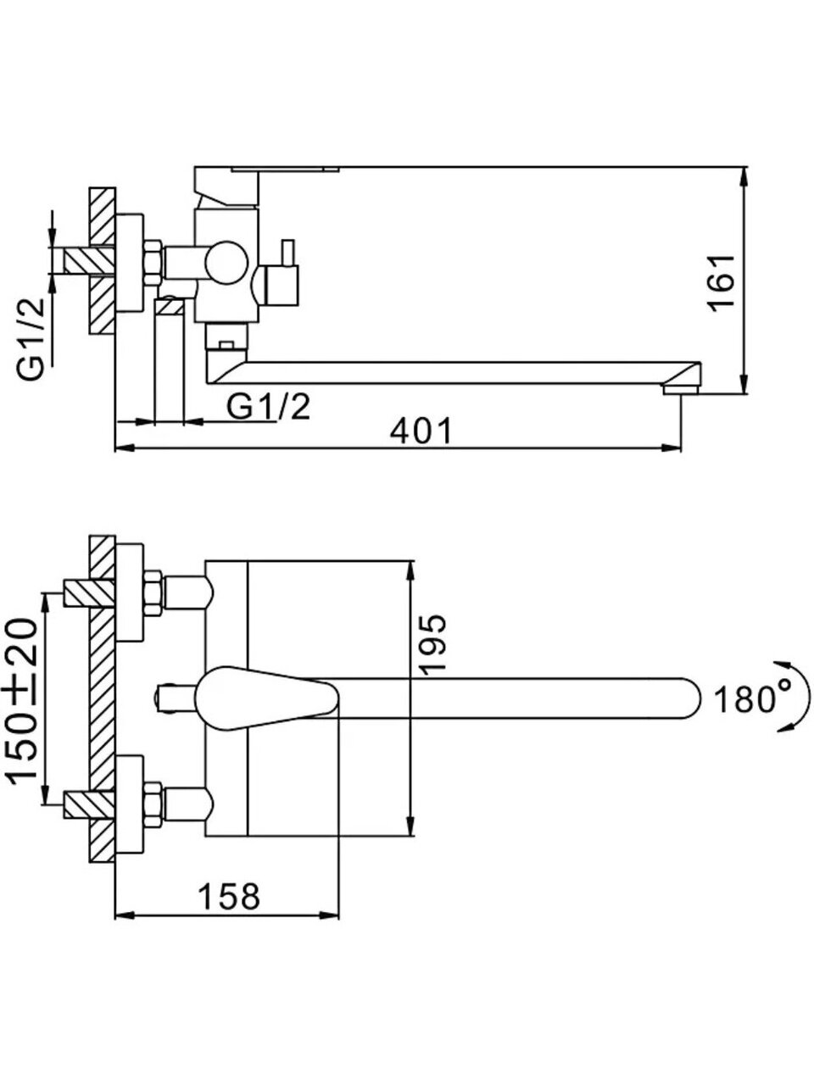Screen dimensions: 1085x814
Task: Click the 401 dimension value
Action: [421, 431]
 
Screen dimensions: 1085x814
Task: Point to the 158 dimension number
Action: [229, 896]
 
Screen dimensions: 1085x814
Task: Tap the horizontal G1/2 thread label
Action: [269, 408]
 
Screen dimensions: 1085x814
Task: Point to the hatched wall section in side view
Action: [101, 260]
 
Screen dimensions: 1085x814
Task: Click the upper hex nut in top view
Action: [153, 593]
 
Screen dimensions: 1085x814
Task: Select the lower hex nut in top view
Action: [153, 804]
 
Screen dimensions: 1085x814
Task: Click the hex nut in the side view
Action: [153, 262]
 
